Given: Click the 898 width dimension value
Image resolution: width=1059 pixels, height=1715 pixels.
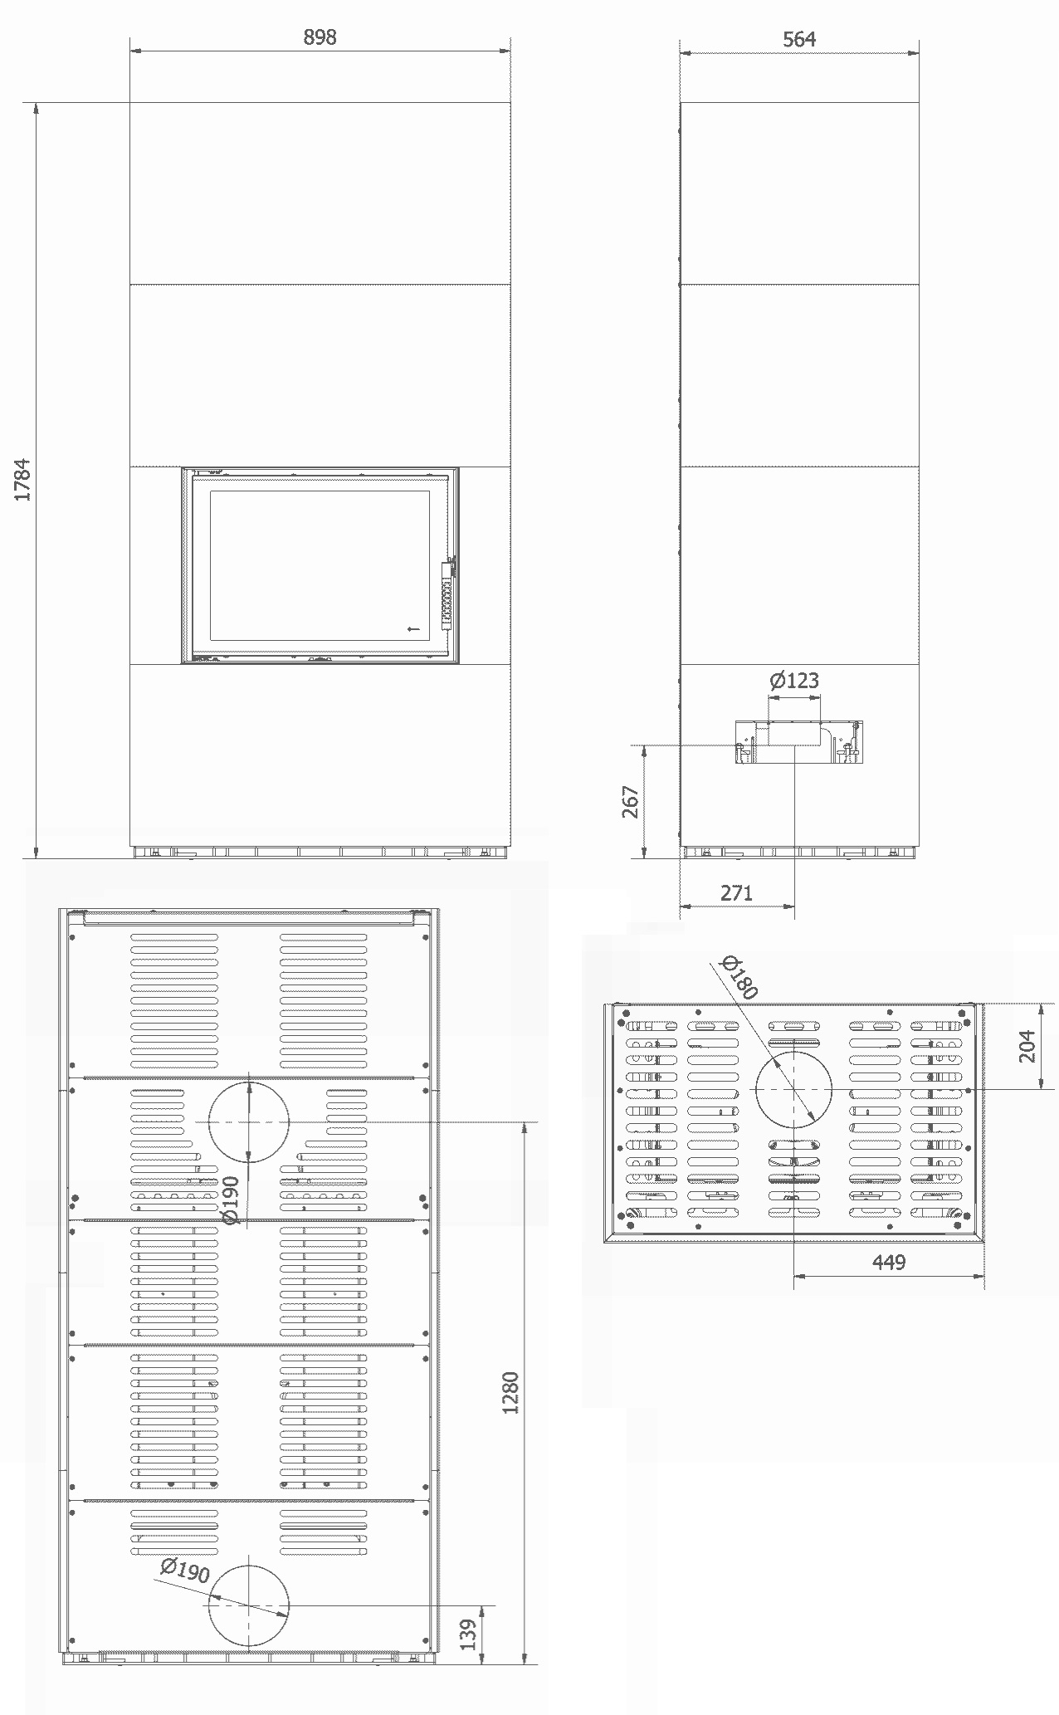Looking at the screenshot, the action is (320, 37).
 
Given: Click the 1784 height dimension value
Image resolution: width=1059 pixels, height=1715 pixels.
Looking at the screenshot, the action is (23, 479).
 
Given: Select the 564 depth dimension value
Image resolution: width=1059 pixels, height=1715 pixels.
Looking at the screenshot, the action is (799, 39).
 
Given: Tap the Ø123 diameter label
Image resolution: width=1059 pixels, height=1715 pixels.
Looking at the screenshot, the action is (794, 681).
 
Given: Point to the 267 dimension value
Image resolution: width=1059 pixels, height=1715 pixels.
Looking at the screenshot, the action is (631, 802).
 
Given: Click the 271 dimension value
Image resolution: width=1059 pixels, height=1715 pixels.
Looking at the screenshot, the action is (736, 892).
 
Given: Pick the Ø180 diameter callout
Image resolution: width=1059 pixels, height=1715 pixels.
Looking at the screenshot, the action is (739, 976).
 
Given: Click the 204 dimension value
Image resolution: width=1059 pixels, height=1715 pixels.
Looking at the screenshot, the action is (1027, 1046).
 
